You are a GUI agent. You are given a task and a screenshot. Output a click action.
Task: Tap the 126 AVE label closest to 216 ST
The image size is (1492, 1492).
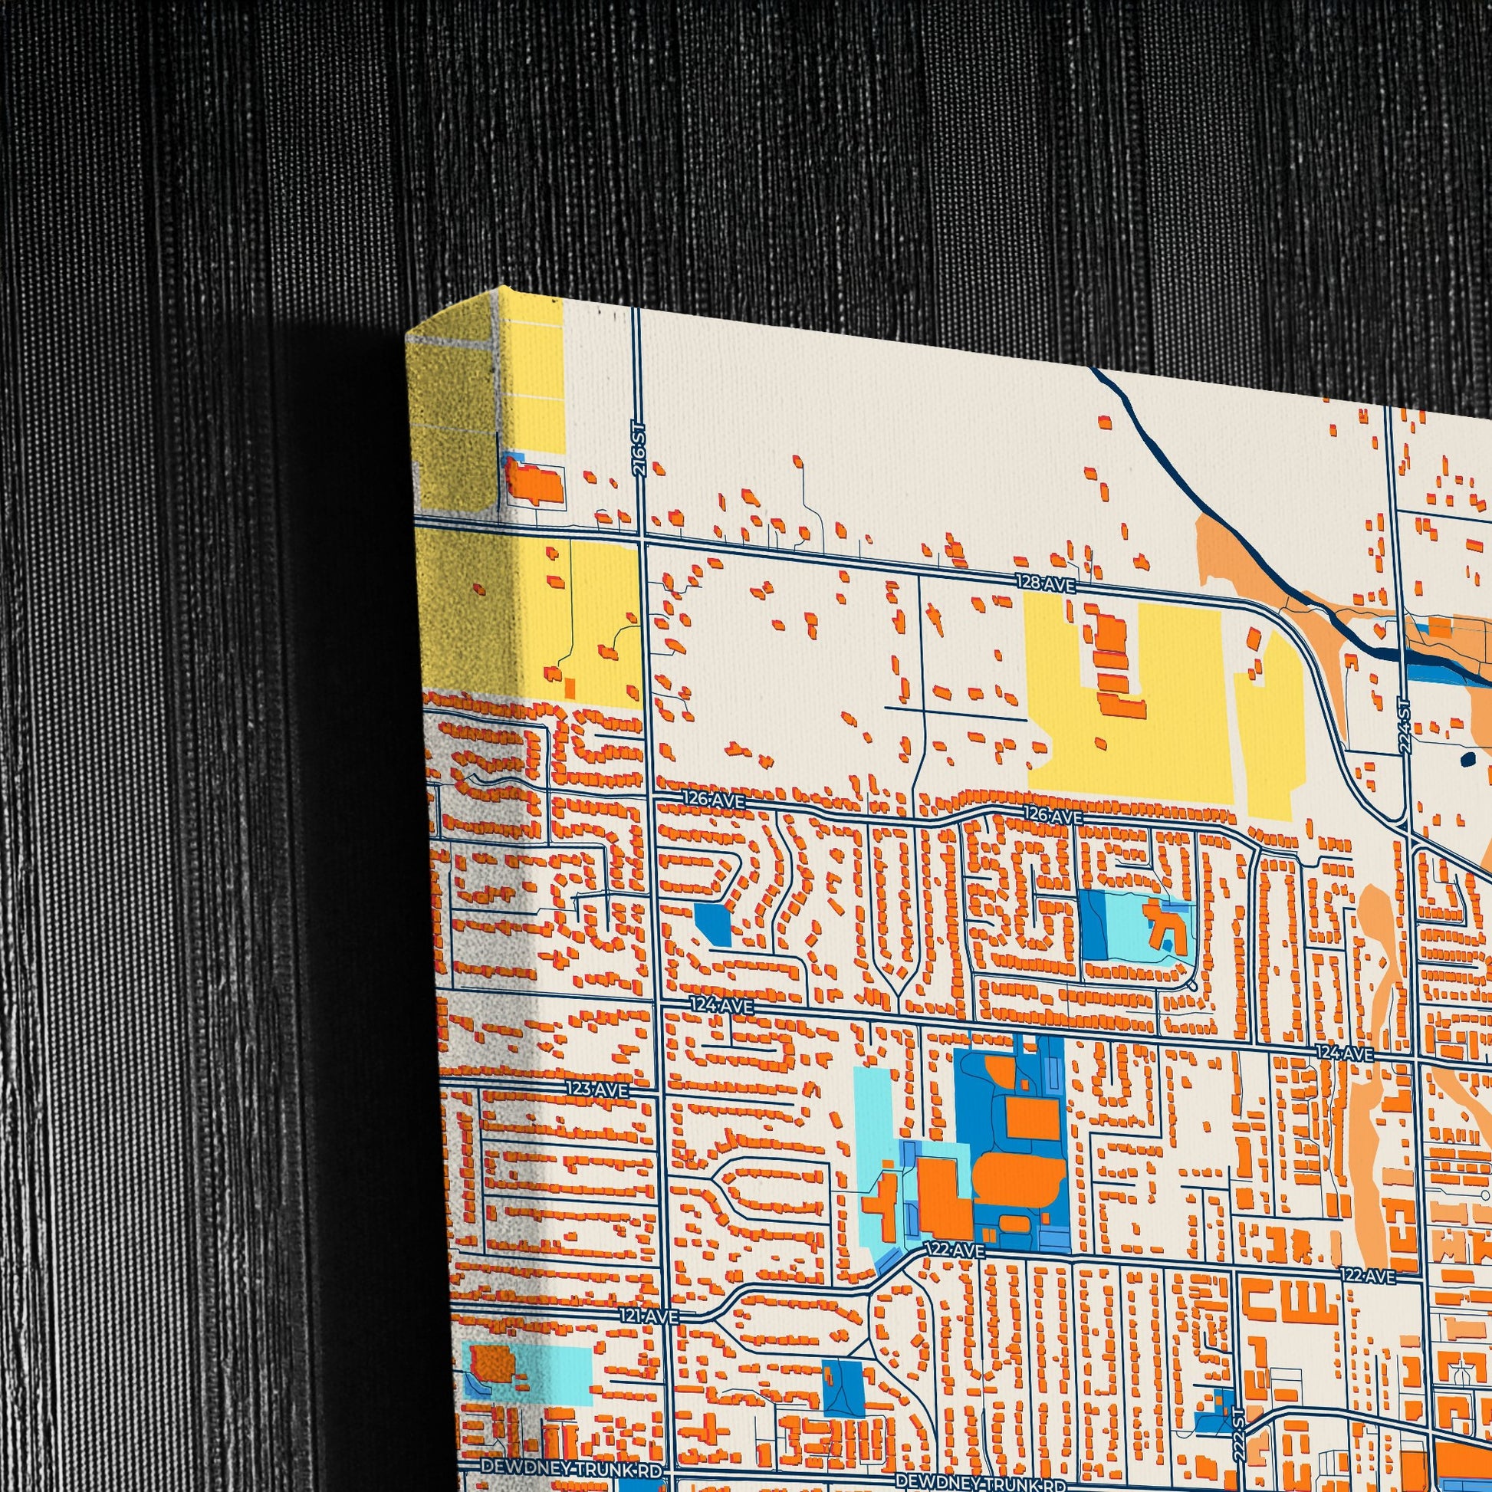[714, 802]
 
